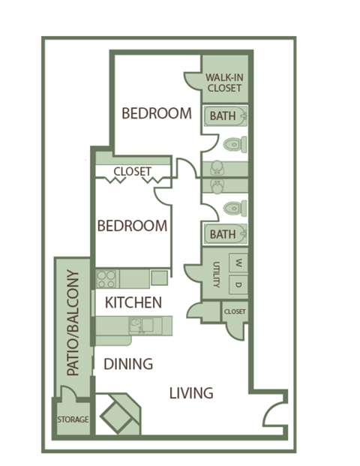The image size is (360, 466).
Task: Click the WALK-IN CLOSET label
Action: [x=225, y=83]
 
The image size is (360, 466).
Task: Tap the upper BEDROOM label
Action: [x=157, y=114]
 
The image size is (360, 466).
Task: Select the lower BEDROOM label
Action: [x=132, y=226]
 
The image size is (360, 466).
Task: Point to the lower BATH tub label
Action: [x=222, y=234]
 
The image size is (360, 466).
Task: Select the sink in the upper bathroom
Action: [x=216, y=167]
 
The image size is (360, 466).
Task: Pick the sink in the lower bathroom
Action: [x=216, y=184]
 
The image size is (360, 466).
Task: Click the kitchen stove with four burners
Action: [x=107, y=278]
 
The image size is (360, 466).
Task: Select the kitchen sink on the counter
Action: [x=139, y=325]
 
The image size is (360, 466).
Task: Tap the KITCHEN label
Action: [x=133, y=303]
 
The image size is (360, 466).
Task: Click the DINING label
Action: [x=127, y=364]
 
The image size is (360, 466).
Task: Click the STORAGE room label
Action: [x=73, y=419]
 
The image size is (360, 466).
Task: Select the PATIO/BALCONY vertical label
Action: [x=73, y=323]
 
